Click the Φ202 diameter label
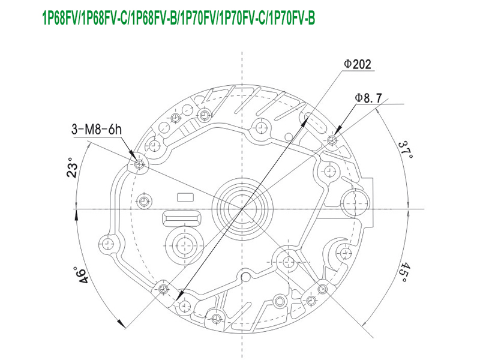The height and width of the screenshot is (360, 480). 357,64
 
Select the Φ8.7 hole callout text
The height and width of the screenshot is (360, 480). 368,98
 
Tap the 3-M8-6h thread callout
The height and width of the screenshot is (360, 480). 97,130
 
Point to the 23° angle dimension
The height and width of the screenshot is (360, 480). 72,168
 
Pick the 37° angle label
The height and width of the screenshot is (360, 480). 406,149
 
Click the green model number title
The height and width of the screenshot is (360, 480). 178,18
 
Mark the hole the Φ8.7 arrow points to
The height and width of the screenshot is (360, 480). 332,140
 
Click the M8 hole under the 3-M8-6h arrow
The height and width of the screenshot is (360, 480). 139,164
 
